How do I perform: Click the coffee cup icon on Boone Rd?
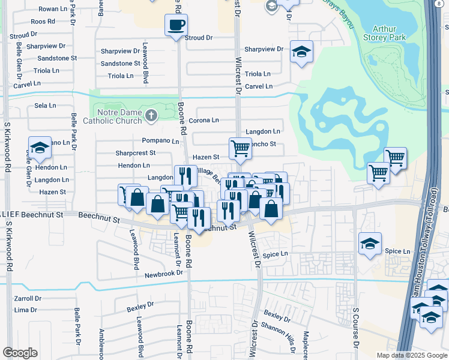point(176,25)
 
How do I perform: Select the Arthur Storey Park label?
point(388,33)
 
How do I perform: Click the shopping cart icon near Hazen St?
point(240,148)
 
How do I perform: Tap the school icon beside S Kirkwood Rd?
point(40,148)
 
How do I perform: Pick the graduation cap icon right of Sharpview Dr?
point(301,52)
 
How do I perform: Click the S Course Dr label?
point(355,329)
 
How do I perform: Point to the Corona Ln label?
point(203,121)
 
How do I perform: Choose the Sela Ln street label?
point(45,106)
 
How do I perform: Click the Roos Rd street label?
point(43,22)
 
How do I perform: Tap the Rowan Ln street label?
point(53,9)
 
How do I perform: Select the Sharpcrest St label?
point(136,153)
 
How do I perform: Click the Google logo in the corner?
point(20,353)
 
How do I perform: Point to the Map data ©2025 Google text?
point(411,355)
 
